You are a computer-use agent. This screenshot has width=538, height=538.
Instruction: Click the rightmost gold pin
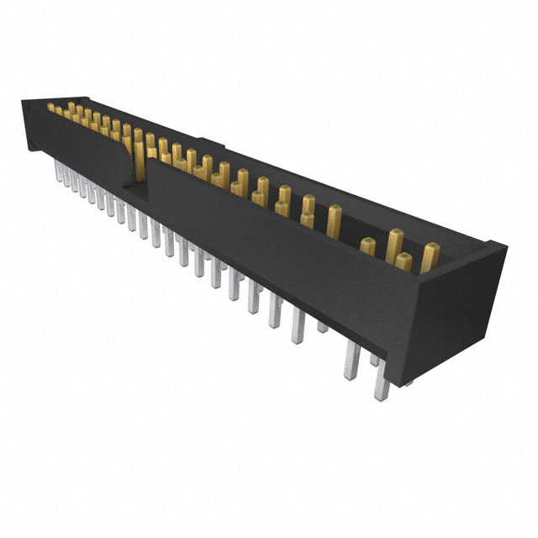point(430,257)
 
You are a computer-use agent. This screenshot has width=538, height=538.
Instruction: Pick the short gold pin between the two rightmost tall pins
point(404,261)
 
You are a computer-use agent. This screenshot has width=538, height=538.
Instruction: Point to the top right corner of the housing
point(503,245)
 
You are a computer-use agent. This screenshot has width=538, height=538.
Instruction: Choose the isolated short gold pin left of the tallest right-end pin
point(367,246)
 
